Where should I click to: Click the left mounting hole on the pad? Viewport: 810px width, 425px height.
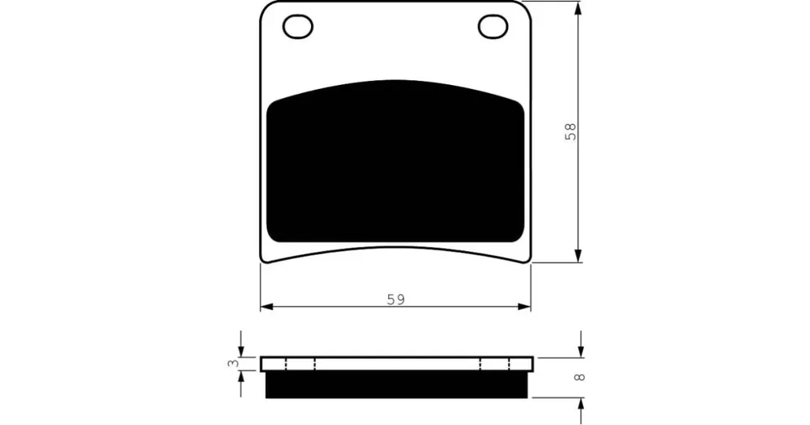[297, 27]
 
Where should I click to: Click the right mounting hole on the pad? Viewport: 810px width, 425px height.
[492, 27]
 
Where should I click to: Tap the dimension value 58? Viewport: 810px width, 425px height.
[570, 132]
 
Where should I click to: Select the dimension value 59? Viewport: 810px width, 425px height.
[396, 300]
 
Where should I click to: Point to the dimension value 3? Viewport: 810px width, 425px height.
[233, 363]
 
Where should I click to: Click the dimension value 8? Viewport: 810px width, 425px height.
[580, 377]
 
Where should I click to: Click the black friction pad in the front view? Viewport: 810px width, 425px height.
[395, 161]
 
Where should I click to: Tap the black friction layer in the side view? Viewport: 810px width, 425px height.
[396, 385]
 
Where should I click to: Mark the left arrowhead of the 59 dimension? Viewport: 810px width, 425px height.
[266, 307]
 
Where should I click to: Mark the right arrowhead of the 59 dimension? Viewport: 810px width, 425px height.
[524, 307]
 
